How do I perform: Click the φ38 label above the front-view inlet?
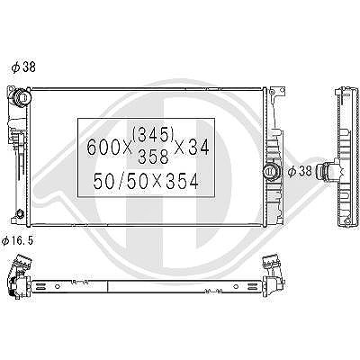(x=23, y=67)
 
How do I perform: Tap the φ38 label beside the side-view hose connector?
(x=300, y=171)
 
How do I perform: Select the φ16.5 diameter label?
(x=17, y=241)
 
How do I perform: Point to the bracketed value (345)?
(x=153, y=134)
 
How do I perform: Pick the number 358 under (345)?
(x=153, y=156)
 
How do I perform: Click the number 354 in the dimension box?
(x=183, y=181)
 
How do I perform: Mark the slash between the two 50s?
(x=122, y=181)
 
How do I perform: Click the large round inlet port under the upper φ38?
(x=22, y=96)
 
